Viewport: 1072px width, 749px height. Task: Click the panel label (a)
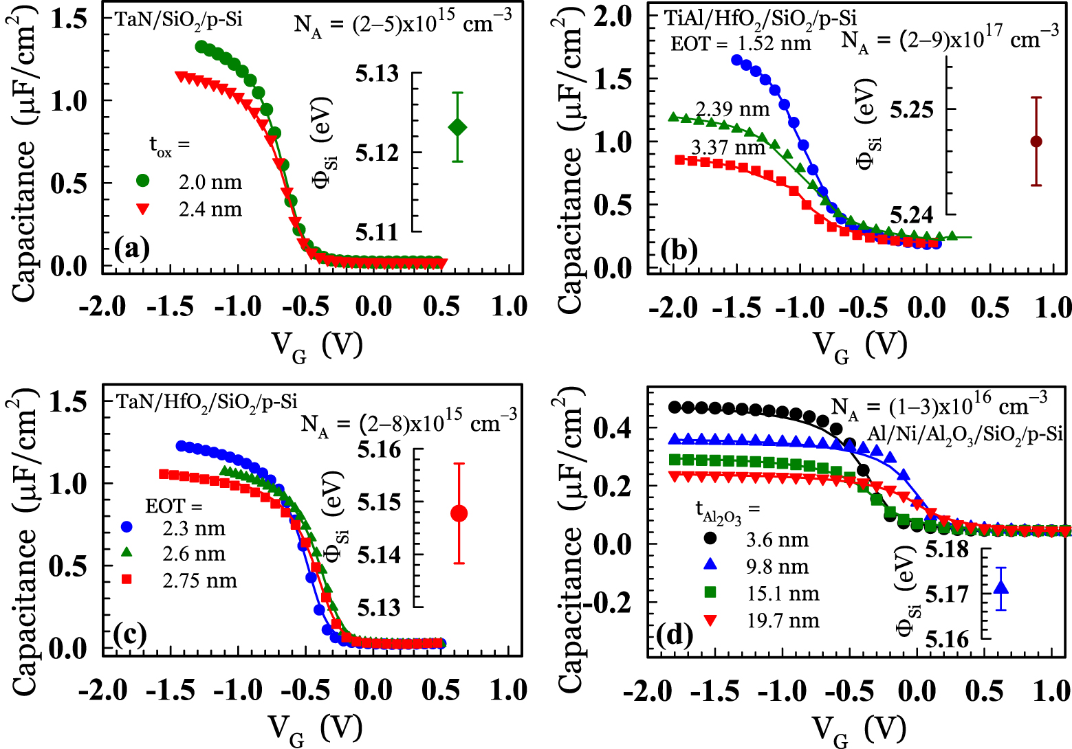(x=131, y=249)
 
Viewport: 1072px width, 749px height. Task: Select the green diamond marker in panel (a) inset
(x=457, y=127)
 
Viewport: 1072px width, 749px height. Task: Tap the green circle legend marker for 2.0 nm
(x=142, y=181)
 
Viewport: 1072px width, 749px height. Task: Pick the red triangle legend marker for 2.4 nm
(x=142, y=209)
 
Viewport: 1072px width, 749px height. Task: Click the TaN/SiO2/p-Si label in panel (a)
(x=179, y=21)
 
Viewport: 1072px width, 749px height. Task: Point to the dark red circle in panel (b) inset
(x=1036, y=141)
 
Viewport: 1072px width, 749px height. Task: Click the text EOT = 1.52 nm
(x=741, y=44)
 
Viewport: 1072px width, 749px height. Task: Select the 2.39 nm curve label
(x=732, y=109)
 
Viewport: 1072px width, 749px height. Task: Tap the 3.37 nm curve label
(x=728, y=147)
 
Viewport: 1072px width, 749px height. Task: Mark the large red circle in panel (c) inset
(x=459, y=513)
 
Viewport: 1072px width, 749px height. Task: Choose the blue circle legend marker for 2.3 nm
(x=127, y=527)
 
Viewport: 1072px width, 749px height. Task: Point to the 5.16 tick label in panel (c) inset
(x=379, y=450)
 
